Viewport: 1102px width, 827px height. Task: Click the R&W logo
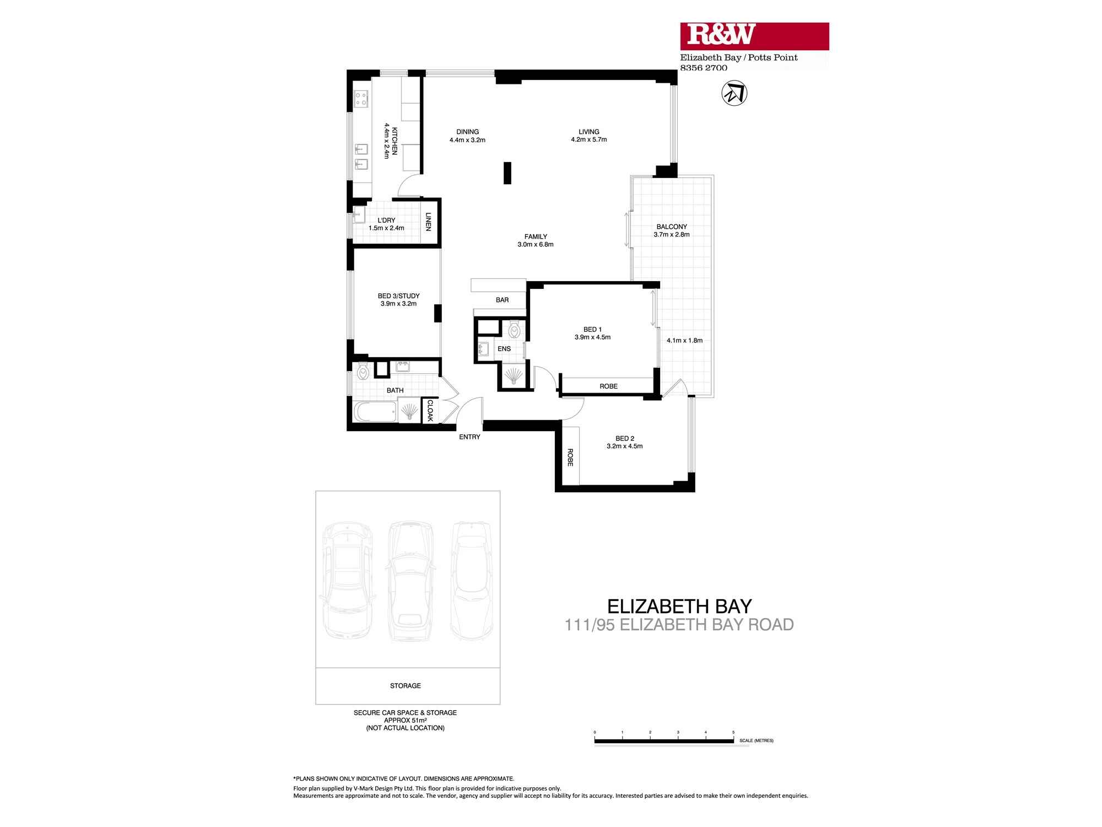pyautogui.click(x=754, y=36)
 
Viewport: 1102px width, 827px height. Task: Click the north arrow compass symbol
pyautogui.click(x=734, y=93)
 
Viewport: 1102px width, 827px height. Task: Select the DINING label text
pyautogui.click(x=467, y=132)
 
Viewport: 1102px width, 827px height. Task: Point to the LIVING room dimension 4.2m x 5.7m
pyautogui.click(x=588, y=140)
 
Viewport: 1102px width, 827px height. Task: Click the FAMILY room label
pyautogui.click(x=536, y=237)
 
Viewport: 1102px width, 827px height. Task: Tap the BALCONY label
pyautogui.click(x=672, y=227)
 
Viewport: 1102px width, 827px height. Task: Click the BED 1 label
pyautogui.click(x=592, y=329)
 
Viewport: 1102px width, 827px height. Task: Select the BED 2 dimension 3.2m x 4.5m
pyautogui.click(x=625, y=446)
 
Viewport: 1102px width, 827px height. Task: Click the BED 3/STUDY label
pyautogui.click(x=399, y=296)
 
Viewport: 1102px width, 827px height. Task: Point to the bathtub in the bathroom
pyautogui.click(x=375, y=411)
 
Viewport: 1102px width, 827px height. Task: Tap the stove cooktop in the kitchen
pyautogui.click(x=361, y=99)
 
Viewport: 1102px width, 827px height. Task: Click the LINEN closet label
pyautogui.click(x=428, y=222)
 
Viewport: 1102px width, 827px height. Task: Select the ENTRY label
pyautogui.click(x=469, y=437)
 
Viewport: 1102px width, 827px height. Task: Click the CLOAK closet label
pyautogui.click(x=430, y=411)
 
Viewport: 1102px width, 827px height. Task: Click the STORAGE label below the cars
pyautogui.click(x=406, y=686)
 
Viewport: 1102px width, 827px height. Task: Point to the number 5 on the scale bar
pyautogui.click(x=733, y=732)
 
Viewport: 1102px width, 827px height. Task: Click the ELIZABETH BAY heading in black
pyautogui.click(x=679, y=606)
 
